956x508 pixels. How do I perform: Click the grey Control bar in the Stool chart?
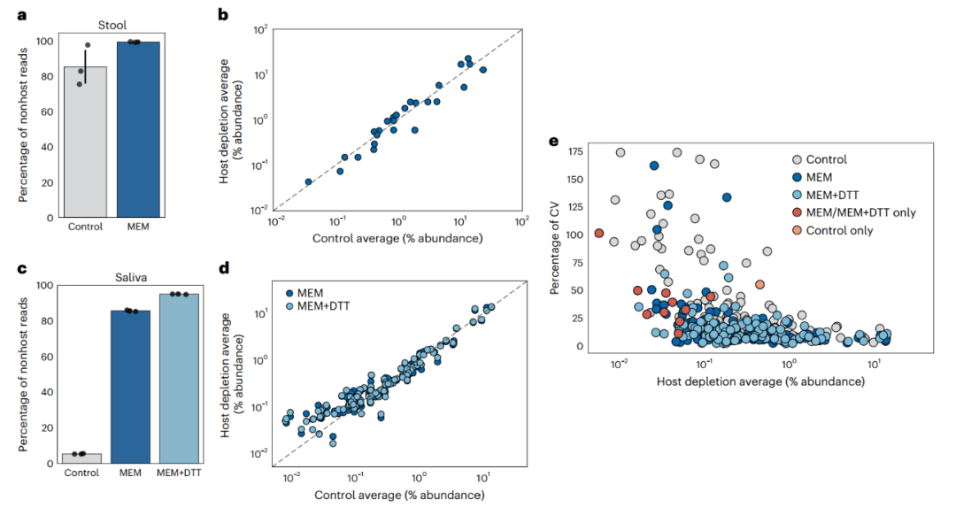(x=85, y=142)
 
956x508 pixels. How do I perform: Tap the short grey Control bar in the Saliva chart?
(x=81, y=458)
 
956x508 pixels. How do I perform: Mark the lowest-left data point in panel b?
(x=308, y=181)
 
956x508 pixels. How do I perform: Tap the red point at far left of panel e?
(x=599, y=234)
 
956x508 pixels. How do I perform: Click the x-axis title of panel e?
(x=760, y=381)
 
